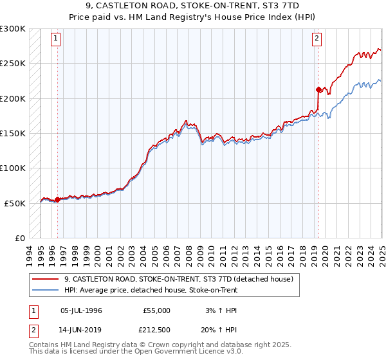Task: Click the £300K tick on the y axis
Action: (13, 29)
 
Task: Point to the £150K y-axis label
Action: (13, 133)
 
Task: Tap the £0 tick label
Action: (20, 238)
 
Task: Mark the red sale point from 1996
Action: (57, 199)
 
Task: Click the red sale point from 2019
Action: (318, 89)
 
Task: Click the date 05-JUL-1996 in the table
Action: (80, 310)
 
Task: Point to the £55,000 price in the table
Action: (156, 310)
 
